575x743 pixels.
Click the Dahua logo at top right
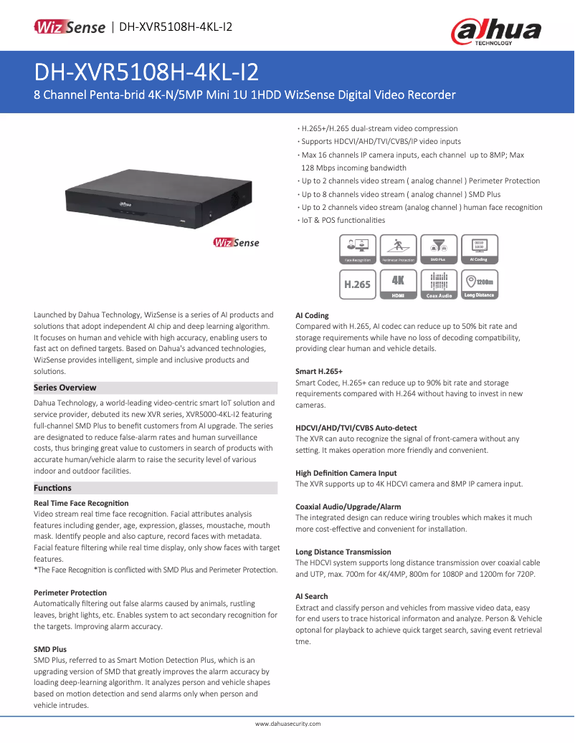(x=495, y=31)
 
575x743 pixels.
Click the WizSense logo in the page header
(x=70, y=27)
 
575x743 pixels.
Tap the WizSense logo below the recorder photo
(x=237, y=243)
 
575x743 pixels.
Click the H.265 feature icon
(x=357, y=284)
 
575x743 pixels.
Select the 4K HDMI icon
(x=398, y=284)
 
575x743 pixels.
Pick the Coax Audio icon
(x=439, y=284)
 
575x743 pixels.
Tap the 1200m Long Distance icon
(x=480, y=284)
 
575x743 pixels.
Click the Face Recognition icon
(x=357, y=249)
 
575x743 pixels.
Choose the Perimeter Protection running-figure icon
(x=398, y=249)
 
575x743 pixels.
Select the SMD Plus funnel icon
(x=439, y=249)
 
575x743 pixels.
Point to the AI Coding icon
(x=480, y=249)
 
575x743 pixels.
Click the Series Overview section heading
(x=65, y=388)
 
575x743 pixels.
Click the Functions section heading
(x=53, y=488)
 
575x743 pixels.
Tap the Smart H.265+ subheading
(x=319, y=372)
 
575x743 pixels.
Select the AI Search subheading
(x=312, y=596)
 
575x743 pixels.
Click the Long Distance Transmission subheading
(x=343, y=552)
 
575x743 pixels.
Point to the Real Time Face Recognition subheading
(x=81, y=504)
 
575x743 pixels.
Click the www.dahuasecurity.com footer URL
(x=287, y=724)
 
